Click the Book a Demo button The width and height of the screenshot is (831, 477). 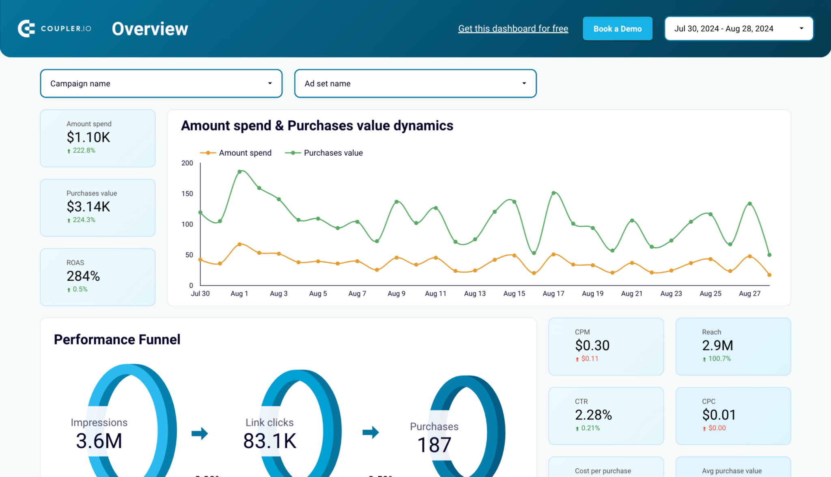pos(617,28)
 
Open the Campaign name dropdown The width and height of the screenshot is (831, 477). pos(161,83)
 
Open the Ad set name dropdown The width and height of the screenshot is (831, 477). pos(415,83)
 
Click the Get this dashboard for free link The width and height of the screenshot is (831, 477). pos(513,28)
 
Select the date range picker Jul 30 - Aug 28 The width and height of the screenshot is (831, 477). pos(738,28)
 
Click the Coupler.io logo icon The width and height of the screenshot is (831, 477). pos(26,28)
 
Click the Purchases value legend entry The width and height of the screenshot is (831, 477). pos(324,153)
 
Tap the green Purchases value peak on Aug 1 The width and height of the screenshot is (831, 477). pos(239,172)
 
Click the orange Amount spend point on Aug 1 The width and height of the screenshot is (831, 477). pos(239,244)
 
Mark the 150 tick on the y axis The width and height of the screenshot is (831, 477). pos(187,193)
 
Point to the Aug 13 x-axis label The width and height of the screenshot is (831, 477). pos(474,293)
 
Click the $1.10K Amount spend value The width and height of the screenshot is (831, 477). pos(88,137)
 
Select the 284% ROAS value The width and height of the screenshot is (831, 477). pos(83,276)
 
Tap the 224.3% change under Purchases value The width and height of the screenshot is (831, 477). pos(84,220)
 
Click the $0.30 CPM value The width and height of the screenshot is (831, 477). pos(592,345)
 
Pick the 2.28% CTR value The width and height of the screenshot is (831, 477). pos(593,415)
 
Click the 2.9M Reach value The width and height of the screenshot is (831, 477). pos(717,345)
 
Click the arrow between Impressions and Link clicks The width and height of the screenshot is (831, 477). pos(200,433)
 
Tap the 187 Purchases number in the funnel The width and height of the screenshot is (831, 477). pos(434,445)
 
